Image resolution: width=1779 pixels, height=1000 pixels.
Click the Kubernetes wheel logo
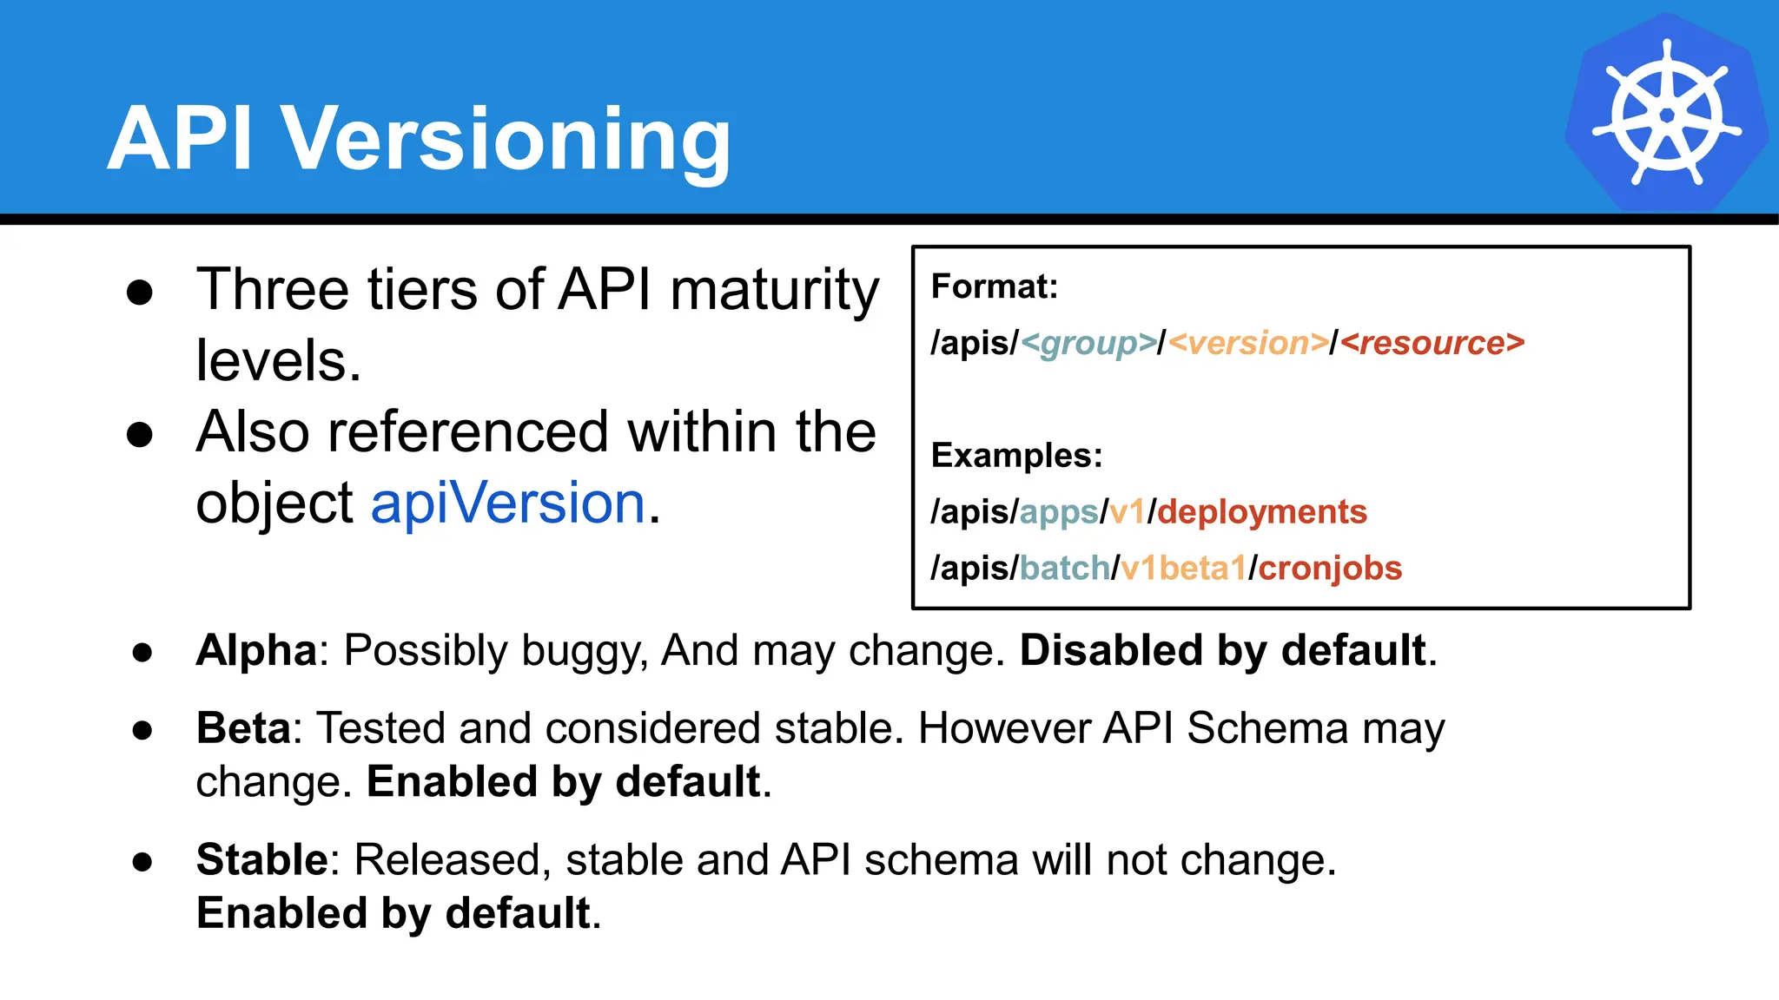coord(1666,113)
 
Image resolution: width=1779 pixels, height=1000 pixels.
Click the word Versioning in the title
coord(507,139)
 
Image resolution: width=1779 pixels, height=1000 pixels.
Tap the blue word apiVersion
coord(508,503)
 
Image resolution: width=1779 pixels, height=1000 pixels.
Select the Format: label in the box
coord(995,286)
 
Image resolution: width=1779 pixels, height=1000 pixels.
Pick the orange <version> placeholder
coord(1248,343)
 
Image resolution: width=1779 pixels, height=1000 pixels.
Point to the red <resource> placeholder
coord(1432,343)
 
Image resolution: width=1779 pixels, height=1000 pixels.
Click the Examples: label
coord(1016,455)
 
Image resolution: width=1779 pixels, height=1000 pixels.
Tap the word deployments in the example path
coord(1262,512)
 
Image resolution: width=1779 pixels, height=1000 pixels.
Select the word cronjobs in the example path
coord(1330,569)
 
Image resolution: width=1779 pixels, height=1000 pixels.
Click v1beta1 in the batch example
coord(1183,569)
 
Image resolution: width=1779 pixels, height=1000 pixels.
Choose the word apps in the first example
coord(1058,513)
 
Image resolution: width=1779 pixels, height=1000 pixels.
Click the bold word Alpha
coord(257,650)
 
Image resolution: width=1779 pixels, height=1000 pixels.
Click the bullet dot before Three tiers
coord(140,292)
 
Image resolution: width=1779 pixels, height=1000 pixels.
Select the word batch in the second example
coord(1064,569)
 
